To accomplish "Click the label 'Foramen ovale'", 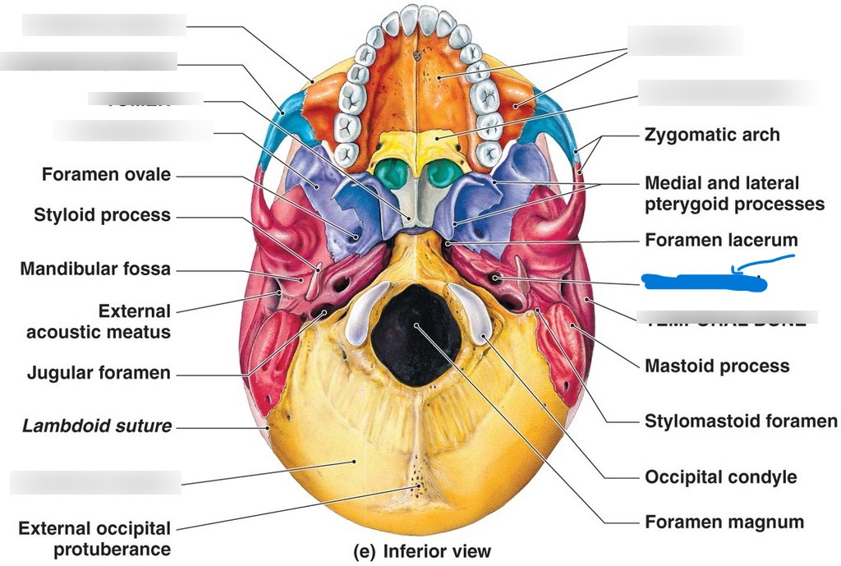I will point(106,175).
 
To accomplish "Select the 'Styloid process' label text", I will point(102,216).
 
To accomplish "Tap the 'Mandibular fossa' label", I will point(95,269).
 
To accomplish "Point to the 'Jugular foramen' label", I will point(99,373).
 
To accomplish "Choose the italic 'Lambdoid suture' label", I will point(97,426).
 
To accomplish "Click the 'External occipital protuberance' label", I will point(94,539).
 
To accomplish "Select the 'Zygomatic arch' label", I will point(712,135).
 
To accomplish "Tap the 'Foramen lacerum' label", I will point(721,241).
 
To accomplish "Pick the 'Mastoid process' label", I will point(716,366).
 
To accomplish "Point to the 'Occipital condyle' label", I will point(720,476).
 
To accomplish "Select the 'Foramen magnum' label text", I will point(724,522).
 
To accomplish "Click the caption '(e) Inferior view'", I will point(422,550).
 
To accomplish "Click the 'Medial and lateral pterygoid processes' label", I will point(734,193).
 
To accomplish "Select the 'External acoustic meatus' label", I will point(99,322).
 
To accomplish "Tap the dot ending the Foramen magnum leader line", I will point(418,326).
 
